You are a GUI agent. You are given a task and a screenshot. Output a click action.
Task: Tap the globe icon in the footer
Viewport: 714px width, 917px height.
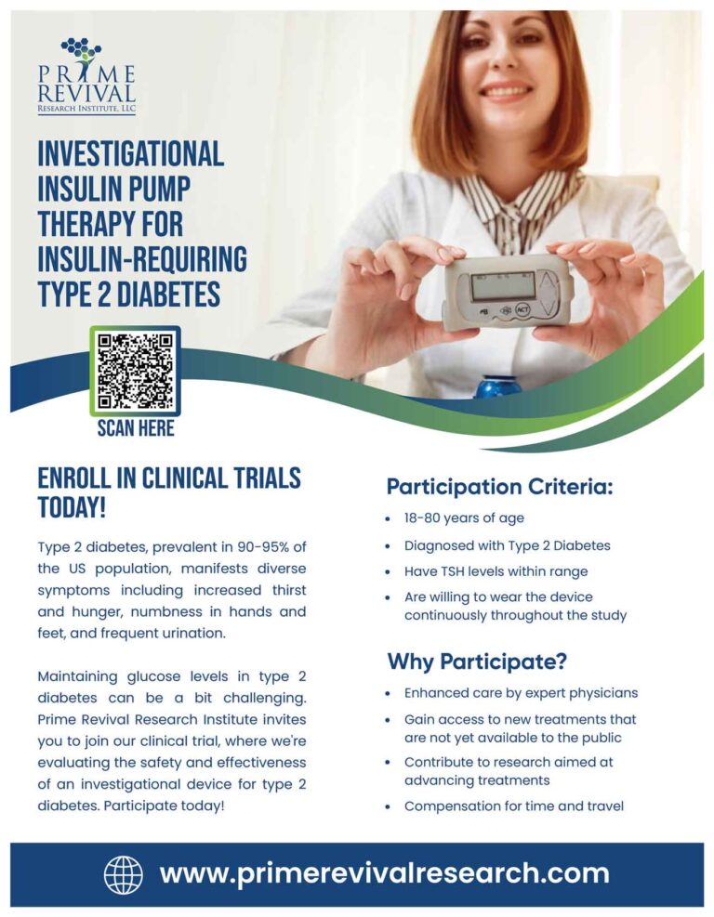[x=124, y=874]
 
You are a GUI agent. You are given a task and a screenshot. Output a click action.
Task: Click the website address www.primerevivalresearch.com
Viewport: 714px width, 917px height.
[x=384, y=874]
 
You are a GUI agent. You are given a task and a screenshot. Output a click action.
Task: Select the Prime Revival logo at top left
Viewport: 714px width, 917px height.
[x=86, y=76]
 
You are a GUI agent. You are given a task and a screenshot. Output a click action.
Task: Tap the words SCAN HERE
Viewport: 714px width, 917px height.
[x=136, y=428]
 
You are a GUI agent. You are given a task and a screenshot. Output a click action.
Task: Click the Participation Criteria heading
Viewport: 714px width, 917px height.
[x=499, y=487]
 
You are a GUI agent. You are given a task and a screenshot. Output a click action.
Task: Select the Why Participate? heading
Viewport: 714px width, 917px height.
[x=477, y=662]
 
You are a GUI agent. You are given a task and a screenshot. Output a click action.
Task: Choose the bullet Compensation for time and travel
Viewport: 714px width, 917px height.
[x=513, y=806]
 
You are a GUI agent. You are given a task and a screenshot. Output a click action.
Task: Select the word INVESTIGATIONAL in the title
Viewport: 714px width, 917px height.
[x=130, y=154]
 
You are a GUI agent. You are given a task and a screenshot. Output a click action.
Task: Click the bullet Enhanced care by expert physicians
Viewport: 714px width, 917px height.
[x=521, y=693]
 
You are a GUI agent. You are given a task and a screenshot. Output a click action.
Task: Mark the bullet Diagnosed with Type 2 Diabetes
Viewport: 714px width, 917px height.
[x=507, y=545]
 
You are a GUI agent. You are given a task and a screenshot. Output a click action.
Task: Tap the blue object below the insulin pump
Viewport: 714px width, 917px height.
[x=499, y=385]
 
